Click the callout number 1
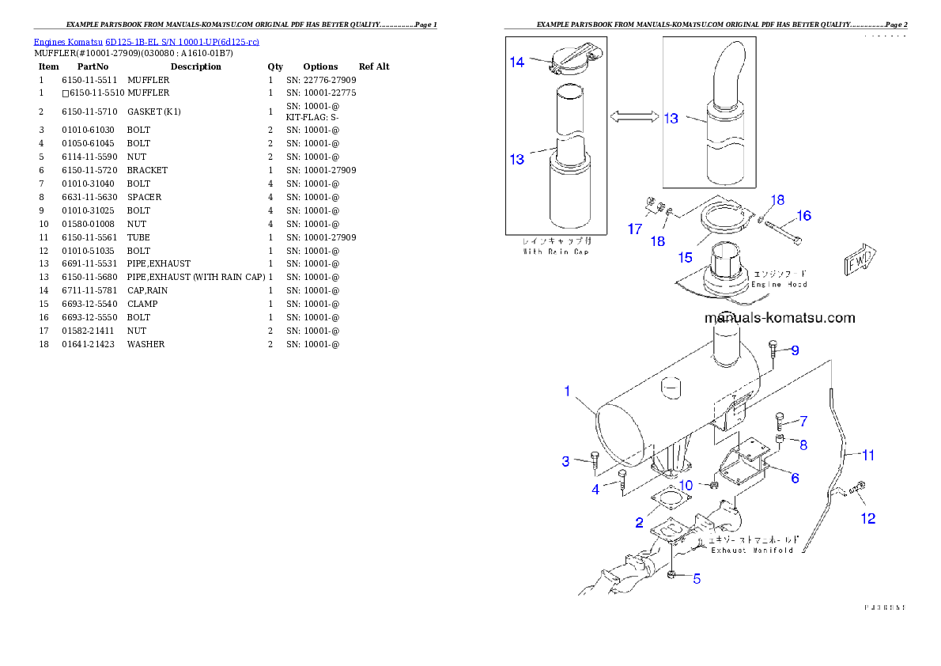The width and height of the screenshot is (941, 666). click(x=567, y=391)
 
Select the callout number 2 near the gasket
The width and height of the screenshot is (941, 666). click(x=639, y=522)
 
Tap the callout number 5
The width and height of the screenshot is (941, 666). click(x=697, y=578)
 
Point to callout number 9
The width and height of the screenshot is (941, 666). click(x=795, y=350)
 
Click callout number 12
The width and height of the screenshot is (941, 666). click(x=868, y=519)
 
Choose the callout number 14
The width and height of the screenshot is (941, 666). click(x=516, y=62)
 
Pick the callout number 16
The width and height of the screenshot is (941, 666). click(x=803, y=215)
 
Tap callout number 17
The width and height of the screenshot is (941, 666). click(x=635, y=229)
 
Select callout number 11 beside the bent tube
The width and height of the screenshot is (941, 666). click(x=868, y=455)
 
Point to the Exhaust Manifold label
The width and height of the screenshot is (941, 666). click(x=751, y=550)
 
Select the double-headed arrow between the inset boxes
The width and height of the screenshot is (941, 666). click(x=633, y=116)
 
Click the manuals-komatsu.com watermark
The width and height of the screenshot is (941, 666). click(x=779, y=318)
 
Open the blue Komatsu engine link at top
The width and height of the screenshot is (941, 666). click(x=146, y=42)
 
